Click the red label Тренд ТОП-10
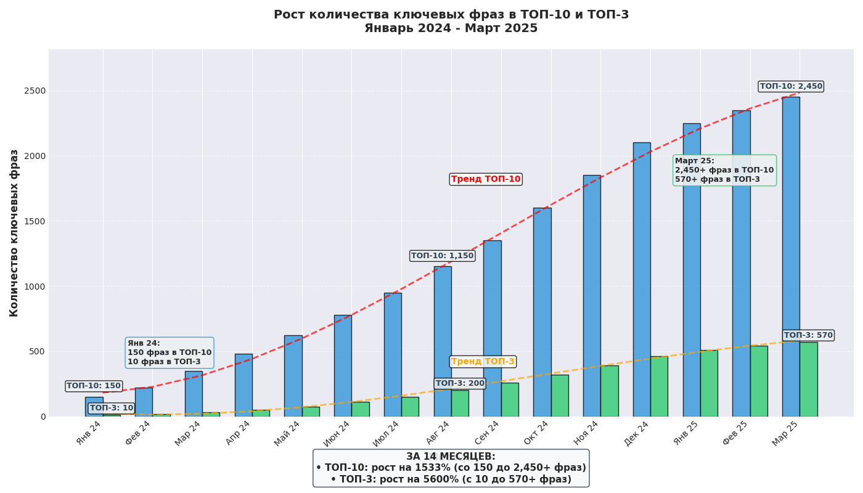(x=486, y=179)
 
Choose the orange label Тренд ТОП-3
(x=483, y=362)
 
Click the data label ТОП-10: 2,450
(x=791, y=86)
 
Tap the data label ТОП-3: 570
(x=808, y=335)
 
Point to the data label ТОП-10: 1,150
(x=443, y=256)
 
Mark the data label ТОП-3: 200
(x=460, y=383)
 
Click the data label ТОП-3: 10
(x=112, y=408)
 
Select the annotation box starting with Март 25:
(x=724, y=170)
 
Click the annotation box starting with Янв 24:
(x=170, y=352)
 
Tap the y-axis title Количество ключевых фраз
(x=14, y=233)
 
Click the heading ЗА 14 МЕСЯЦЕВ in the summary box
(x=451, y=457)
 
